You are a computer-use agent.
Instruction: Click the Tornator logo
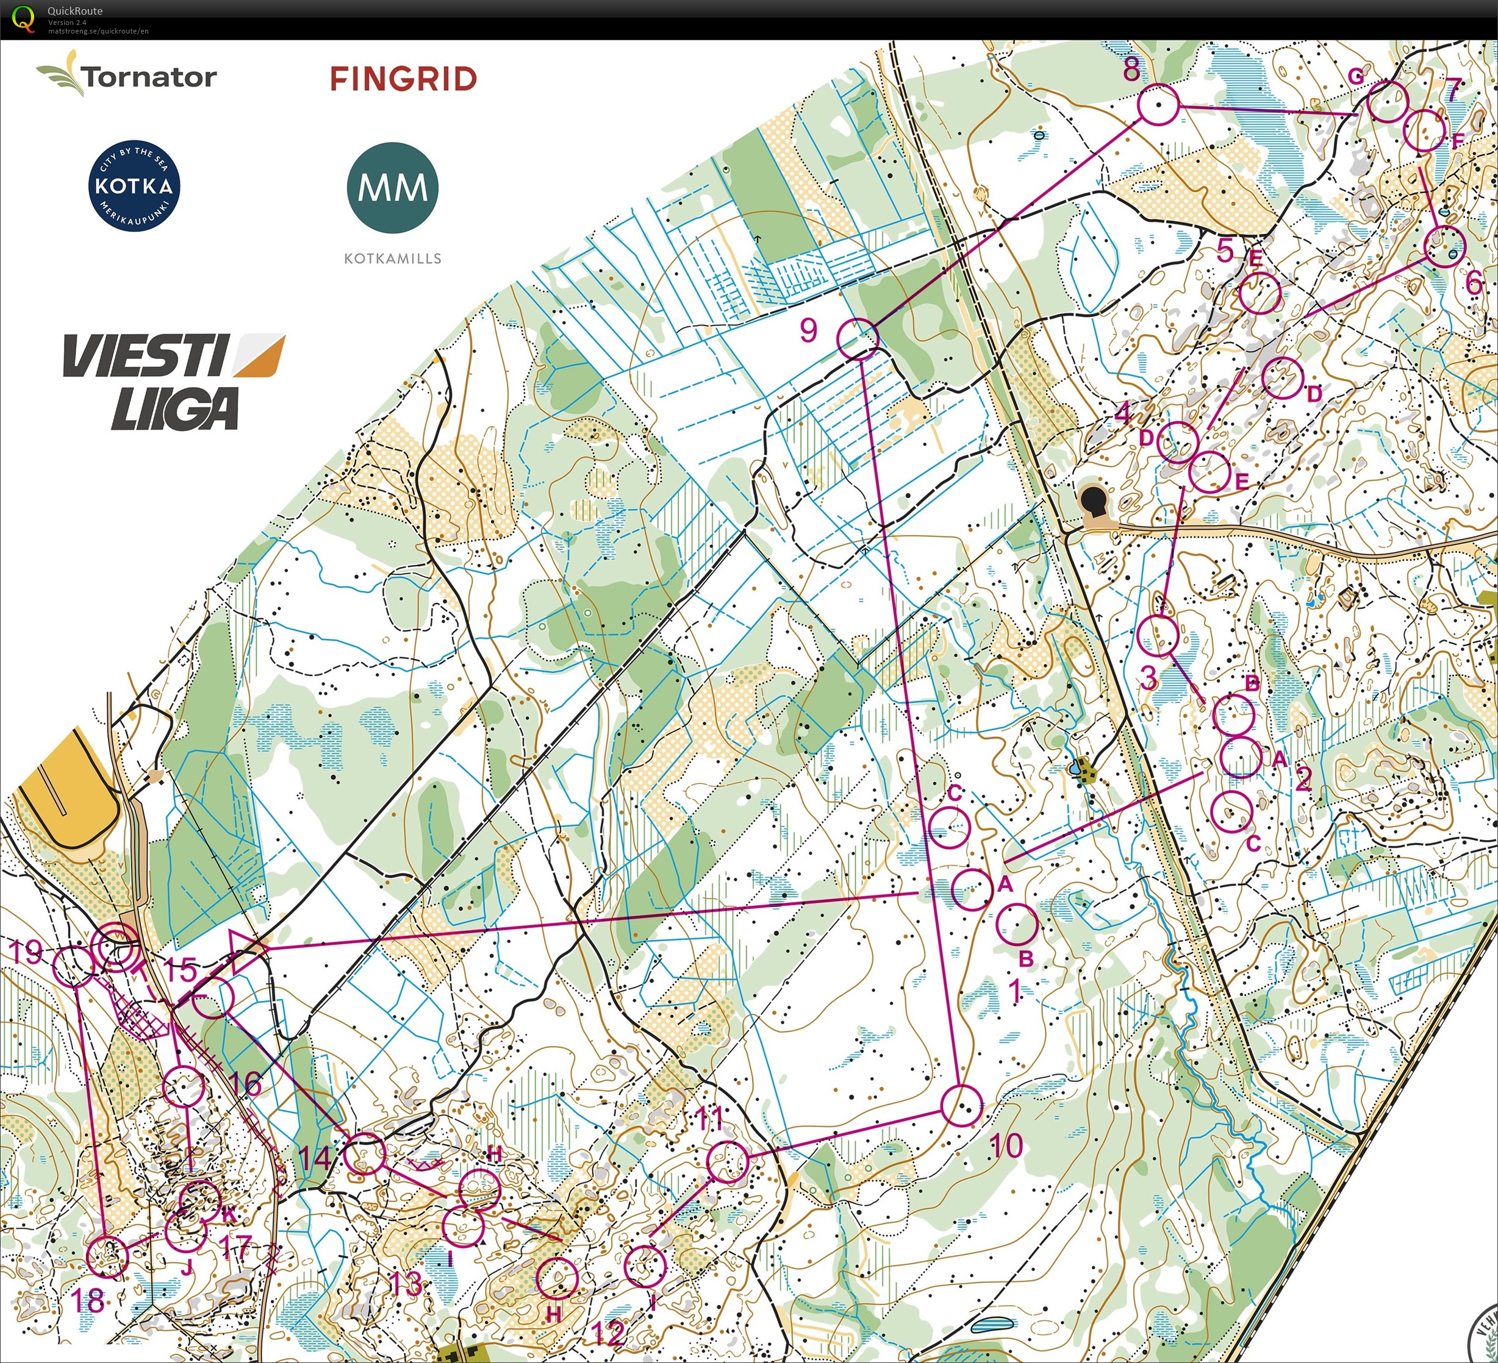click(x=127, y=74)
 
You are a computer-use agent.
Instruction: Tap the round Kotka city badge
click(x=134, y=185)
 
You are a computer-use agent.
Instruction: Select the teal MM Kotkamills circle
click(x=392, y=188)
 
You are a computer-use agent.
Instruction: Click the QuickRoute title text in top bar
click(x=75, y=10)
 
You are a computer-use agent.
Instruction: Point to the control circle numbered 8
click(x=1158, y=105)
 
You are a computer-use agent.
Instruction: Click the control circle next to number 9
click(x=858, y=339)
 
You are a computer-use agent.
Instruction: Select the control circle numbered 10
click(x=961, y=1105)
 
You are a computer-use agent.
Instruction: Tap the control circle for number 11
click(x=728, y=1162)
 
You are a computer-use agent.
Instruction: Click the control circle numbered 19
click(x=73, y=966)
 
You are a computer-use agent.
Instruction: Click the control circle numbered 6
click(x=1444, y=246)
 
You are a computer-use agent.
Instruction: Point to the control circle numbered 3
click(x=1157, y=636)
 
